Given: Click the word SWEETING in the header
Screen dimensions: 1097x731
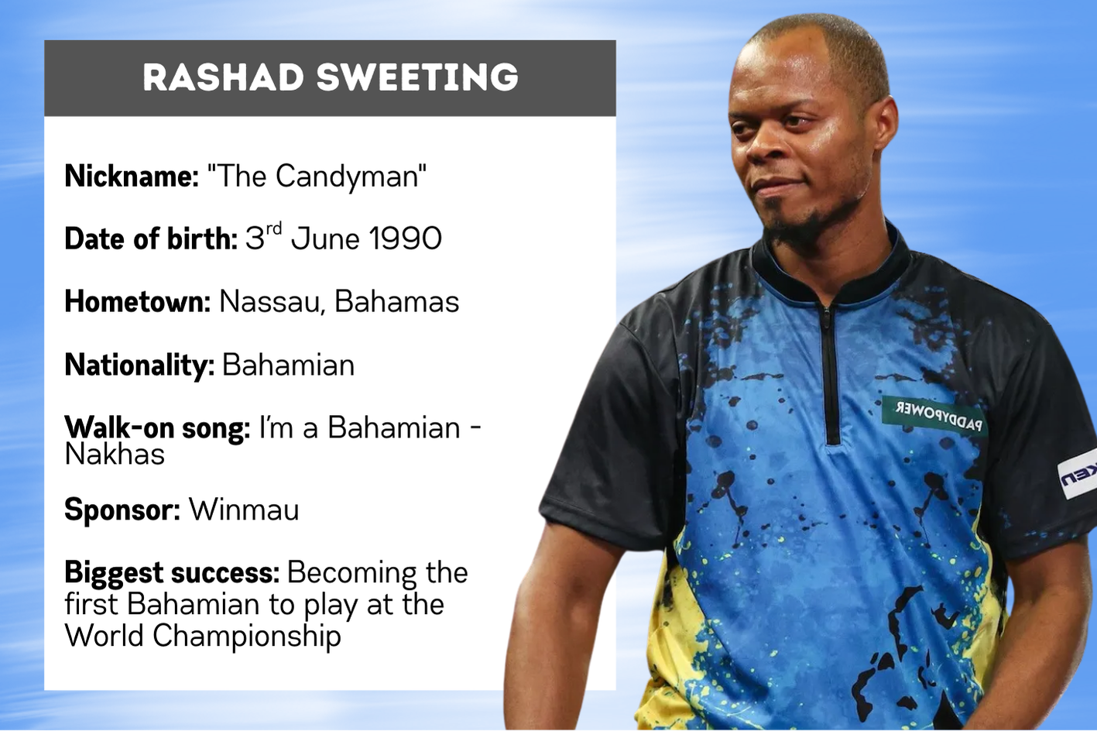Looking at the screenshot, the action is (418, 77).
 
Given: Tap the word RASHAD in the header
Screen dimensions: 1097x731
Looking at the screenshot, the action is (223, 77).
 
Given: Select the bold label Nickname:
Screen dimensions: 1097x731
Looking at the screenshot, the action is (132, 176).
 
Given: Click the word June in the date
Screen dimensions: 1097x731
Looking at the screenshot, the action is (325, 239).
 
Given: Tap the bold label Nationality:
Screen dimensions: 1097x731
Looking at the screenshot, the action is (139, 365).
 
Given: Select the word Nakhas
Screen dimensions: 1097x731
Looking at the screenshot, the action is (115, 455).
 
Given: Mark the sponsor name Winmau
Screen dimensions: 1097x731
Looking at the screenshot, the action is (244, 510).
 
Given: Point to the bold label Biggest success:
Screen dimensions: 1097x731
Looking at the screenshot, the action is (172, 573).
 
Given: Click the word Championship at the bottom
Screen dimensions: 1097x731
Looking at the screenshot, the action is (247, 636).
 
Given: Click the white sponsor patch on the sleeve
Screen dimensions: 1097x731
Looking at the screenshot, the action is (1078, 473).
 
